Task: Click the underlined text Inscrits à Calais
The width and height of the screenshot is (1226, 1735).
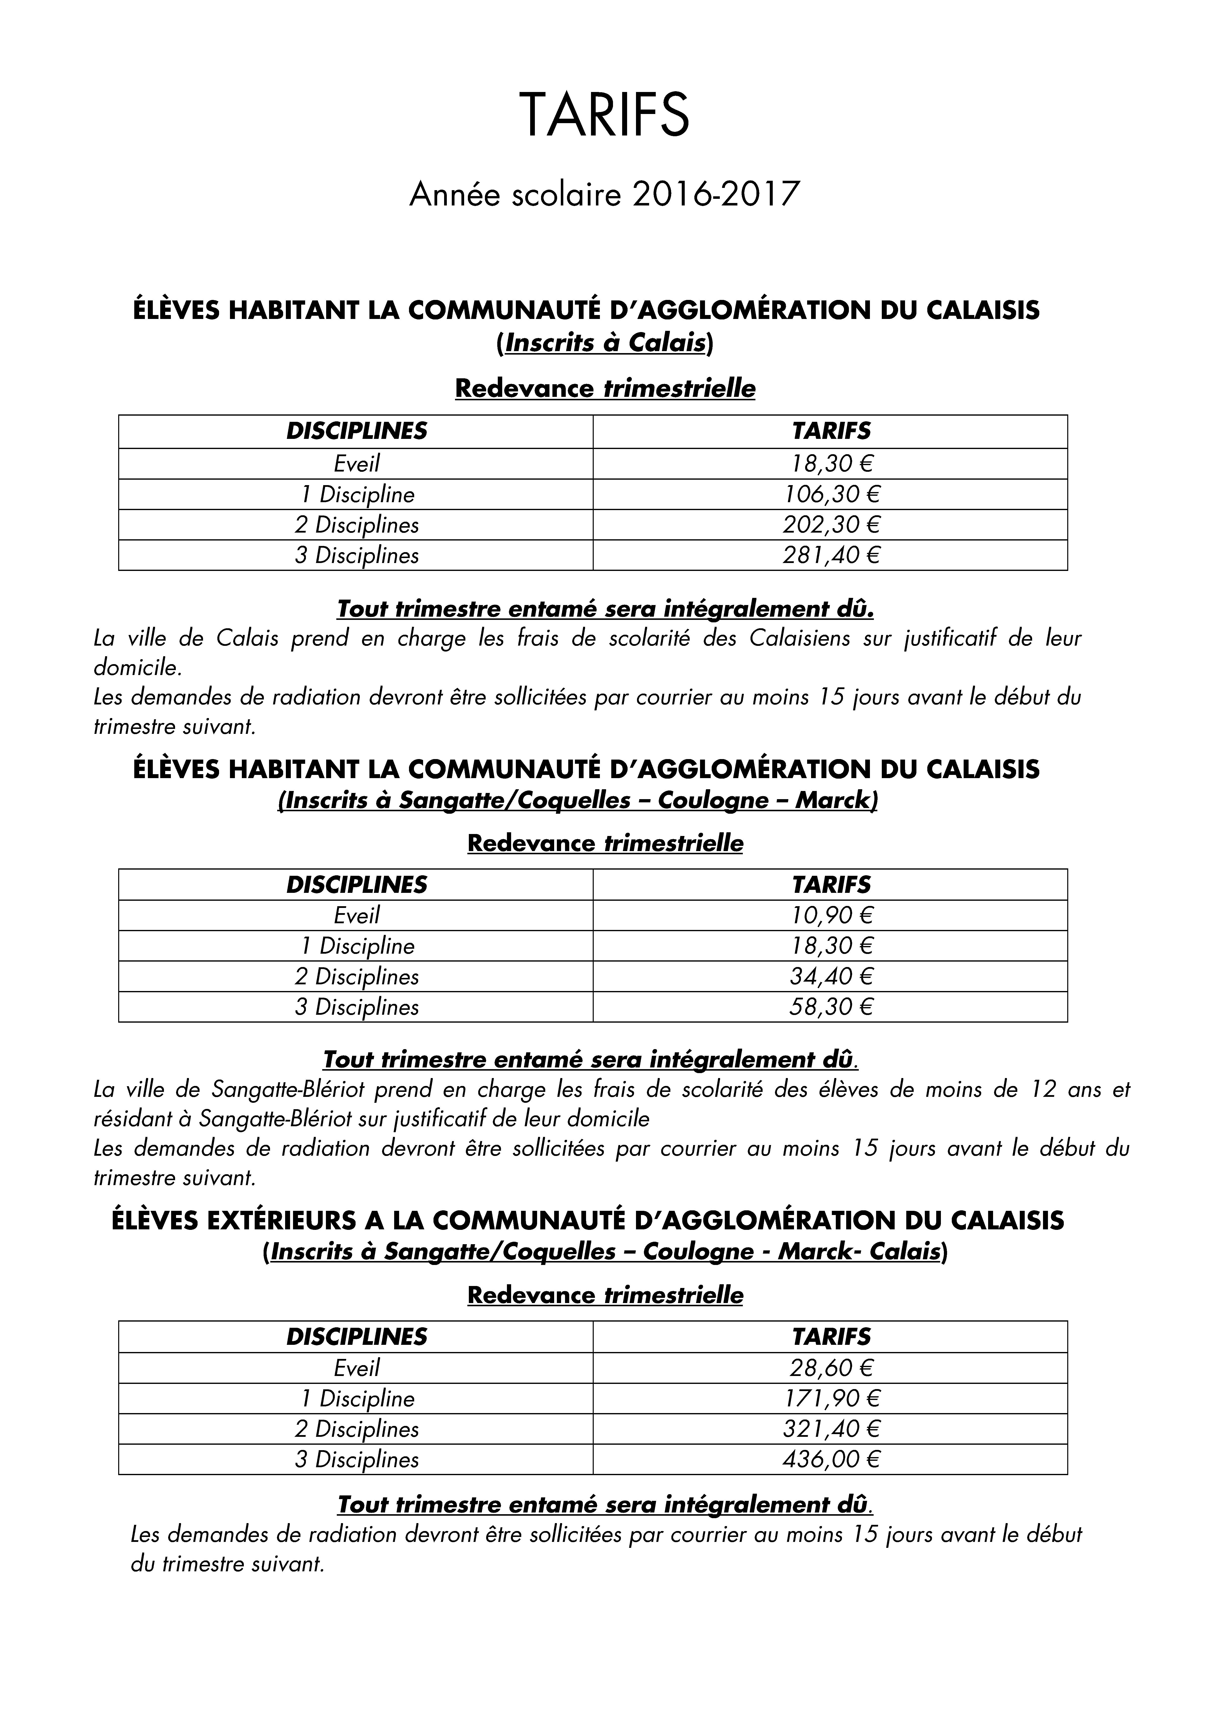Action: [x=605, y=344]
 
